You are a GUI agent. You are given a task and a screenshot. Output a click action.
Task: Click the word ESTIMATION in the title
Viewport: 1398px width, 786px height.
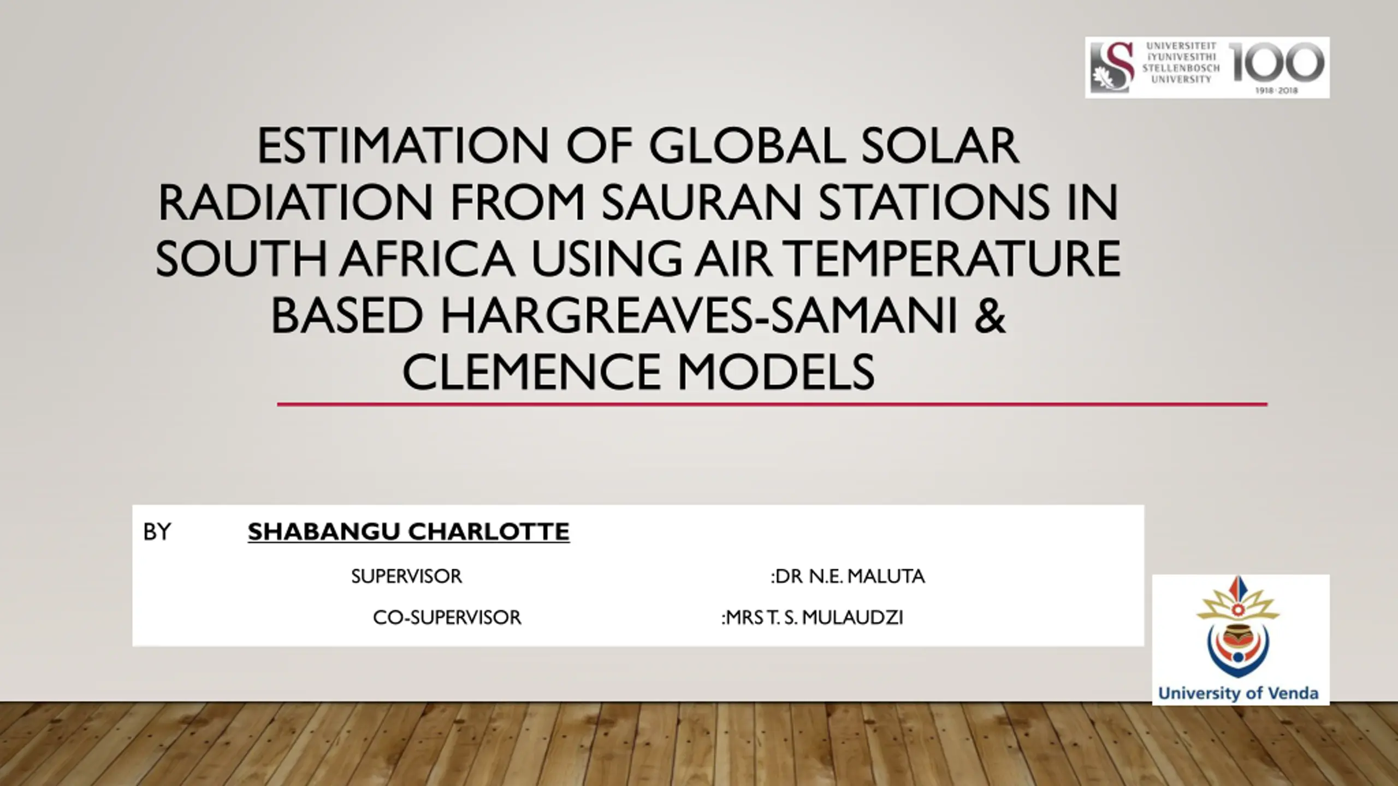coord(402,146)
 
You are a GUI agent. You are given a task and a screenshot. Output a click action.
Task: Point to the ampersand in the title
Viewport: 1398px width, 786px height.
coord(990,316)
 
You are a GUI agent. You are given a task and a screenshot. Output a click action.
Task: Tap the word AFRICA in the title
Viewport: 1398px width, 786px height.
coord(428,259)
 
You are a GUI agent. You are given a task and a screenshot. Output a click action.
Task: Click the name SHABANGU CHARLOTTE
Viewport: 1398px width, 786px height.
coord(408,532)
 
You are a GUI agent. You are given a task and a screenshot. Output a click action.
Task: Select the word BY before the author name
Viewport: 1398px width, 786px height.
coord(157,532)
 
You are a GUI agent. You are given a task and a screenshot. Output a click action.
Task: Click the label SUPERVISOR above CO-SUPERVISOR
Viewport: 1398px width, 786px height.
coord(406,576)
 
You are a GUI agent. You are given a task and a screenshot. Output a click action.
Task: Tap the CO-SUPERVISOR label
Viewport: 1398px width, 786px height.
coord(447,618)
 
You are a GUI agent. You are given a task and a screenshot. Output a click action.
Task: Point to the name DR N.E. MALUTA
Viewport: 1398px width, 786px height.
coord(850,576)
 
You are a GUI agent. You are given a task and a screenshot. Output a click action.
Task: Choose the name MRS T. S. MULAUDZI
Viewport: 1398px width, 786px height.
coord(815,618)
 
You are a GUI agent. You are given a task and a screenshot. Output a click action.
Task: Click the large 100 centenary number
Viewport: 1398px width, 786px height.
coord(1276,62)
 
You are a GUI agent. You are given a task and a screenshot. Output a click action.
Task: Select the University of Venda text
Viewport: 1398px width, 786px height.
coord(1239,694)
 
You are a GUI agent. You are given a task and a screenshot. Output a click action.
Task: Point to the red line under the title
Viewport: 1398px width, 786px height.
coord(772,404)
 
